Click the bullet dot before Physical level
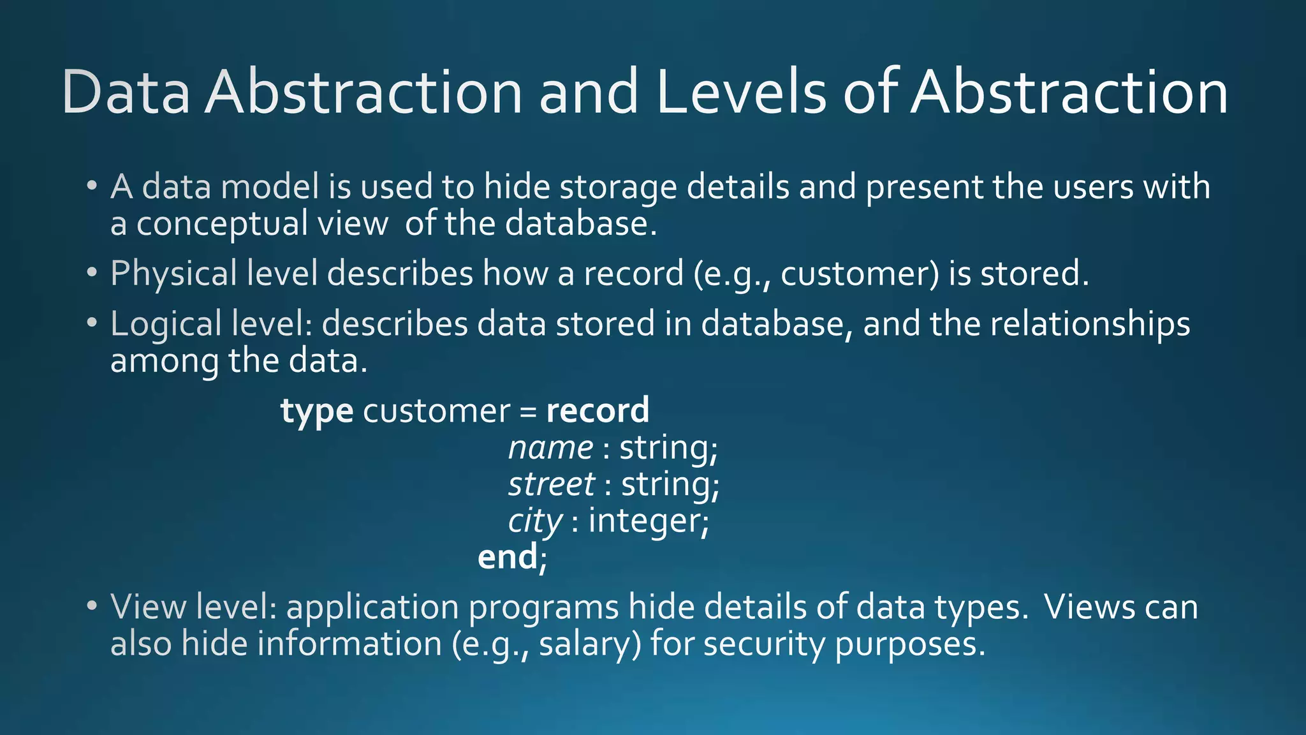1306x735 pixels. pos(92,273)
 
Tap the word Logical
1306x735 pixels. pos(166,324)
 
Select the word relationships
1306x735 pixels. pos(1090,324)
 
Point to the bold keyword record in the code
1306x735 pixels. pos(598,410)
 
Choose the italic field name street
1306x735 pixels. pos(552,484)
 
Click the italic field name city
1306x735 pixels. pos(535,522)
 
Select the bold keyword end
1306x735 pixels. pos(508,557)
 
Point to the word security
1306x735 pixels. pos(764,644)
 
